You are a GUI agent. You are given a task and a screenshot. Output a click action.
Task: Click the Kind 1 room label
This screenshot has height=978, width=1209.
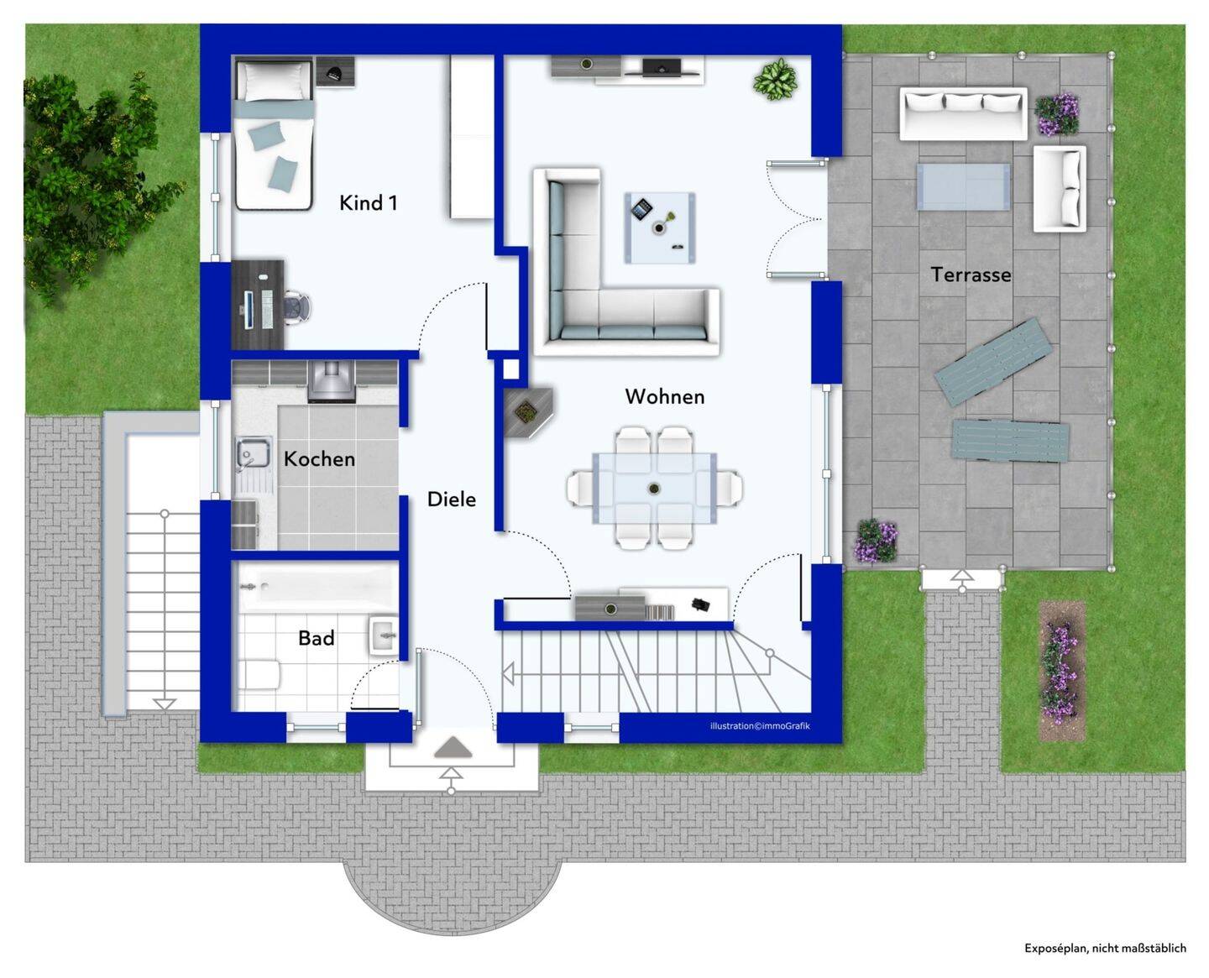point(369,202)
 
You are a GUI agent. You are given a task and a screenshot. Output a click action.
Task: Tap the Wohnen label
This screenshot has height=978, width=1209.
point(665,396)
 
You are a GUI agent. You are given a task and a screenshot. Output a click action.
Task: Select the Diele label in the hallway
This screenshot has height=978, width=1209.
point(451,499)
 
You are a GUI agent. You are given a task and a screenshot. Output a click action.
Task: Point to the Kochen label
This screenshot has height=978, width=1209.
point(320,458)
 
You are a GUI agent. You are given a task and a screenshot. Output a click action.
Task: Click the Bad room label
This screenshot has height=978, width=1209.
point(317,638)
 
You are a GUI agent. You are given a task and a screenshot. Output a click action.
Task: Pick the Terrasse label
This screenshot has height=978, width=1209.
point(971,275)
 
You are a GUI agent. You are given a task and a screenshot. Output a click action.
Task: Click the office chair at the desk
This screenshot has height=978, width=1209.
point(297,307)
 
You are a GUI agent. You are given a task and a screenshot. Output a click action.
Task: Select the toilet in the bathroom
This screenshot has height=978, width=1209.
point(259,674)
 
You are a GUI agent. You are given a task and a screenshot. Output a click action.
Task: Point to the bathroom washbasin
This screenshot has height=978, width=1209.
point(385,634)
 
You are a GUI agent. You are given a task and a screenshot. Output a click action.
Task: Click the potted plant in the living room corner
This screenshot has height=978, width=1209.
point(775,79)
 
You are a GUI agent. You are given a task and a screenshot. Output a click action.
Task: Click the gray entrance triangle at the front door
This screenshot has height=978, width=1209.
point(453,747)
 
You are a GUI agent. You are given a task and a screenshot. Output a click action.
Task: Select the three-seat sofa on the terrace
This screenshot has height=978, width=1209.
point(963,113)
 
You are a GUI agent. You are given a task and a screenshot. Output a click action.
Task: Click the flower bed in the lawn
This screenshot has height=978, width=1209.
point(1061,672)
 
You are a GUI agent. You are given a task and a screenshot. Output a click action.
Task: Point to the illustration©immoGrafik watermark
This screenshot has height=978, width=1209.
point(760,726)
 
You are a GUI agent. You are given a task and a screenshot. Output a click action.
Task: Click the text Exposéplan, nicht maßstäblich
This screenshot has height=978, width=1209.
point(1105,948)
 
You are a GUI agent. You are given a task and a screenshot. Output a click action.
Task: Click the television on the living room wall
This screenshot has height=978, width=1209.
point(662,66)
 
